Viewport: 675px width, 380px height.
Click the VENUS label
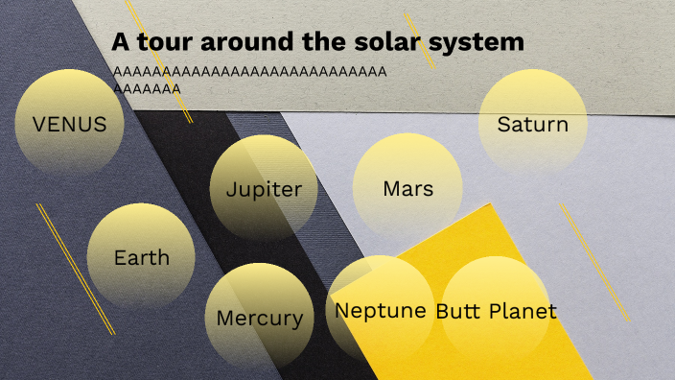[69, 124]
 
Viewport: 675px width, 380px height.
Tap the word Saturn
[532, 124]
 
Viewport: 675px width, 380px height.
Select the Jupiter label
[264, 189]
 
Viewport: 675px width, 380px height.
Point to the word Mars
[407, 188]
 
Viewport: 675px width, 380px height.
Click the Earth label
[141, 257]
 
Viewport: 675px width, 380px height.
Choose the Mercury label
[259, 318]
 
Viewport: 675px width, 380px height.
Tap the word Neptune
[380, 311]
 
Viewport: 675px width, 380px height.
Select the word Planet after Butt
[523, 311]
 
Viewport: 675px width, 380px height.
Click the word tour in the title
[161, 42]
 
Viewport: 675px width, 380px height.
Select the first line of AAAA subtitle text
[249, 72]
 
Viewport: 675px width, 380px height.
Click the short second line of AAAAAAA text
[147, 88]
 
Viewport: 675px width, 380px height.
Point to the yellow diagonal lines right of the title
[420, 40]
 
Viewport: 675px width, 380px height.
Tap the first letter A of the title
[120, 42]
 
